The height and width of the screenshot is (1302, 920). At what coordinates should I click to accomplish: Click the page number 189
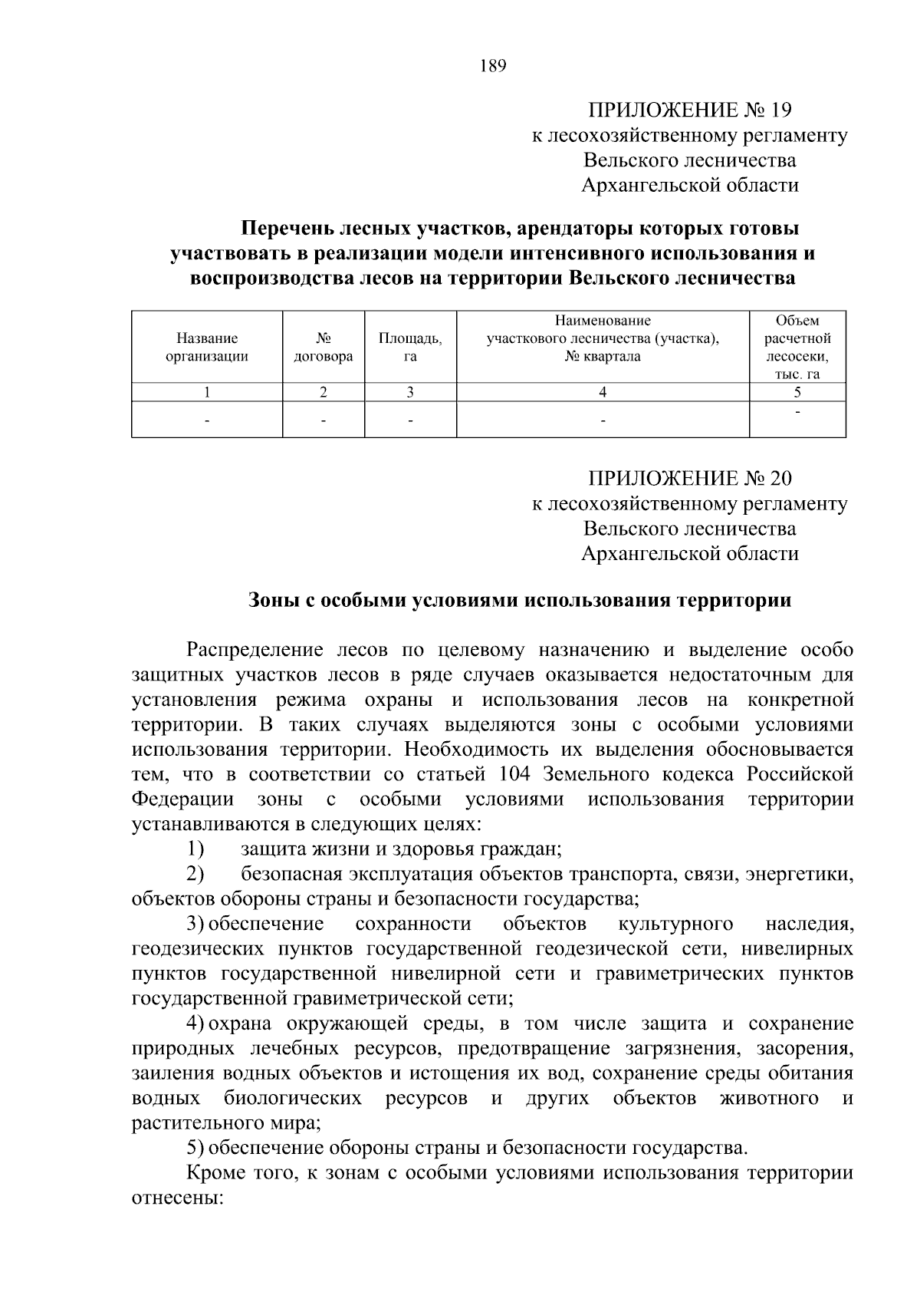tap(493, 66)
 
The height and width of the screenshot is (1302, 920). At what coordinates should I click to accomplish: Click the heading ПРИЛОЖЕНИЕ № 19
tap(689, 110)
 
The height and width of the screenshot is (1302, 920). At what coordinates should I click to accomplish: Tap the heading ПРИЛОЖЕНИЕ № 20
tap(689, 479)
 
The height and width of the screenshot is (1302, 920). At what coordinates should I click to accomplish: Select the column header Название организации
tap(207, 347)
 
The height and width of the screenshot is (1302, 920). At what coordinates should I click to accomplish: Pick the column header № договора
tap(323, 347)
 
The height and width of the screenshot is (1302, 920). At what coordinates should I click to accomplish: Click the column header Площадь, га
tap(410, 347)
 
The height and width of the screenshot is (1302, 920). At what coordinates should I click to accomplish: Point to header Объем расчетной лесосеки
tap(797, 347)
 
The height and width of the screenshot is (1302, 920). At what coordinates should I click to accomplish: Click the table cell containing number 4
tap(603, 392)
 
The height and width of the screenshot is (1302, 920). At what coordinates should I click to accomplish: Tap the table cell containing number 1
tap(207, 392)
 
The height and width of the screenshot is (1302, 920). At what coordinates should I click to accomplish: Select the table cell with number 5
tap(797, 392)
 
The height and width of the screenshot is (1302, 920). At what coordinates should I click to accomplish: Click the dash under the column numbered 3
tap(410, 420)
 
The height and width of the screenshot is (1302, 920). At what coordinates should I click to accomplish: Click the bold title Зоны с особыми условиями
tap(519, 601)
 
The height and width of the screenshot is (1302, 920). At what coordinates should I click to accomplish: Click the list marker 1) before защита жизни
tap(195, 849)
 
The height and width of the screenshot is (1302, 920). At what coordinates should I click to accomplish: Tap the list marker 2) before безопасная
tap(195, 874)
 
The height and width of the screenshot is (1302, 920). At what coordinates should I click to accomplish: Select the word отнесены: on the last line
tap(177, 1198)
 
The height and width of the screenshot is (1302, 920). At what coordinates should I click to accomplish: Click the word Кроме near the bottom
tap(215, 1173)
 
